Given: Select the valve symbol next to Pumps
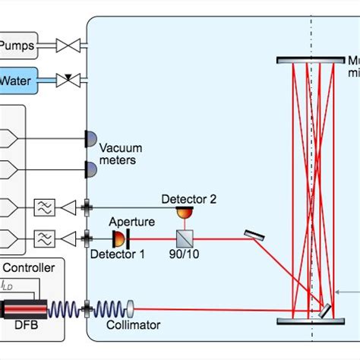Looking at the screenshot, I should pos(71,47).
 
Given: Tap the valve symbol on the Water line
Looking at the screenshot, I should pos(71,79).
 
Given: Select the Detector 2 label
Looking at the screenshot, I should pos(189,199).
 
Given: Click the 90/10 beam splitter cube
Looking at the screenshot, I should pos(186,238).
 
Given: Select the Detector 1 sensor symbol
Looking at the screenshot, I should pos(118,239).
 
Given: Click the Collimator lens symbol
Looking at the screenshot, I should pos(130,309).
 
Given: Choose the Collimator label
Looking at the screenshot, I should pos(134,325).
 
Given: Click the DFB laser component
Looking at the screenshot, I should pos(24,309).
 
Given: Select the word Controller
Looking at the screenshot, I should pos(30,267).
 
